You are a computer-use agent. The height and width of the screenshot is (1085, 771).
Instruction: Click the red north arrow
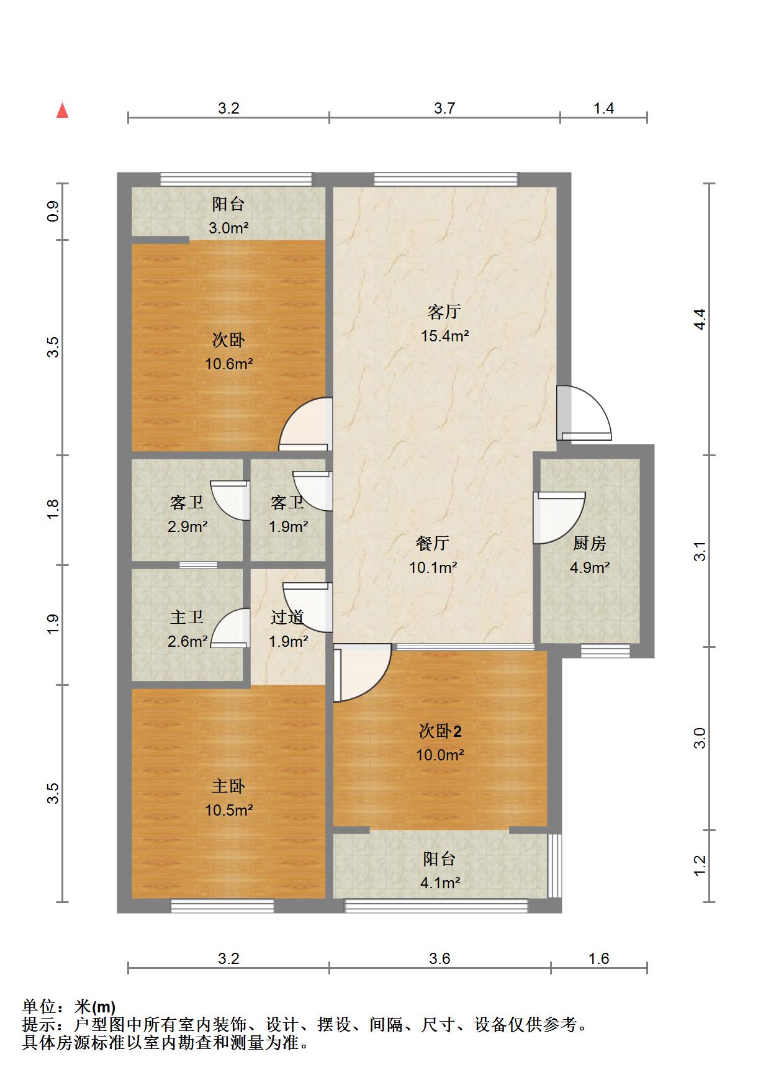(62, 110)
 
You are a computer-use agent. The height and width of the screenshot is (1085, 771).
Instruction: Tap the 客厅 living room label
(444, 311)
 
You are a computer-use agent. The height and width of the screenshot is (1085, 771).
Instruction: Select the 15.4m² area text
(444, 336)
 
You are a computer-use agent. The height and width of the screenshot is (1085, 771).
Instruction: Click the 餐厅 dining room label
(433, 543)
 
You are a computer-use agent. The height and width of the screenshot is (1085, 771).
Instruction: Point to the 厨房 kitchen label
(589, 543)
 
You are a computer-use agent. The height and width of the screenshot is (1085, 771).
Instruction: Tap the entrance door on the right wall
(584, 413)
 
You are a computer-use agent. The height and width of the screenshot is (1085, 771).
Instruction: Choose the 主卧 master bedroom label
(228, 786)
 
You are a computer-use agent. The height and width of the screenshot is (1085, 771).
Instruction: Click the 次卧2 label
(440, 731)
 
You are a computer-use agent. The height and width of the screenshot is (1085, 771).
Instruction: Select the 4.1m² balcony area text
(440, 882)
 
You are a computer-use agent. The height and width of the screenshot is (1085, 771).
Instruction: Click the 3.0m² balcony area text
(228, 228)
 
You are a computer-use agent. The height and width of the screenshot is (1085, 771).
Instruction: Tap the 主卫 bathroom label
(186, 617)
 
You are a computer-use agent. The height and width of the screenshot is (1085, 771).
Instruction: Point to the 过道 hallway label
(287, 617)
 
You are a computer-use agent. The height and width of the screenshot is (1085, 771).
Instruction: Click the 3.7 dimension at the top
(444, 108)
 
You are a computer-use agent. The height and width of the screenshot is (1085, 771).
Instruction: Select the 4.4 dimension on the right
(700, 319)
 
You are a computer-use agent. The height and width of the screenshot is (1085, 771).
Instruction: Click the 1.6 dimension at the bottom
(599, 958)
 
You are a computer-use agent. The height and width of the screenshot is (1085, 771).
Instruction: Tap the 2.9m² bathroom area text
(187, 527)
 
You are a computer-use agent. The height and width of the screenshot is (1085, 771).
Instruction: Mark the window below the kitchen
(605, 651)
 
